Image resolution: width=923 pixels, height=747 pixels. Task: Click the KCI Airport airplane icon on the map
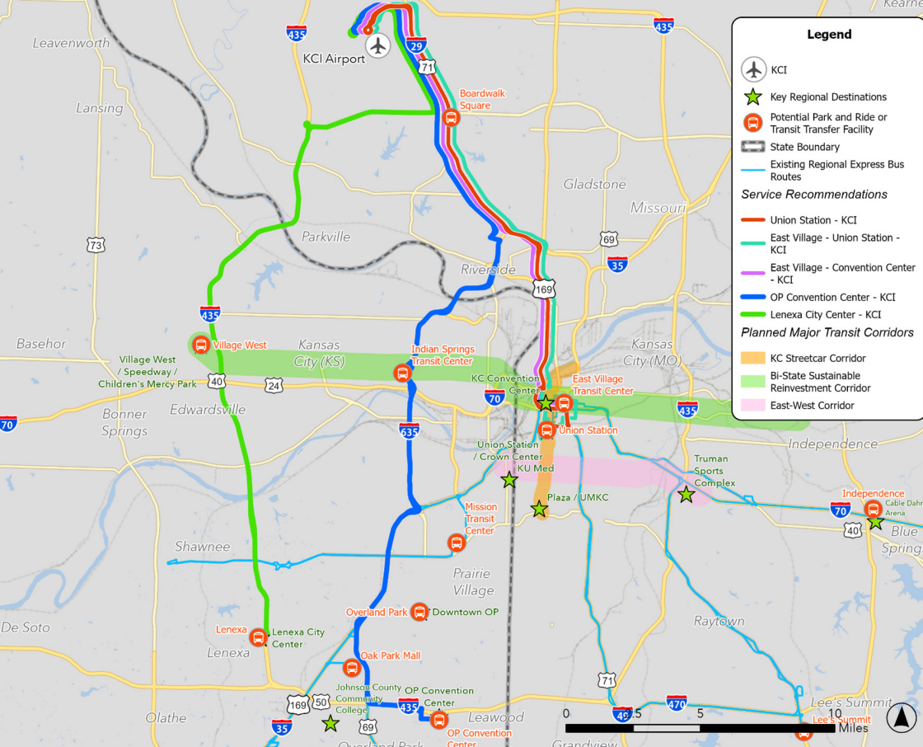click(378, 46)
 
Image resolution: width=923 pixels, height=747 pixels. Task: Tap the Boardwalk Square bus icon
click(451, 118)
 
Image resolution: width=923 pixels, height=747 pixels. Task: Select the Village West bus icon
click(200, 345)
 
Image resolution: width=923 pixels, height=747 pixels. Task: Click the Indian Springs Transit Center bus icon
click(402, 373)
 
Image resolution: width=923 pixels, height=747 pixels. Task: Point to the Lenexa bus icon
click(258, 637)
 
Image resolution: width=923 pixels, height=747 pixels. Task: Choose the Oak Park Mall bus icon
click(351, 668)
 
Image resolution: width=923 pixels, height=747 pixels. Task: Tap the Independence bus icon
click(873, 509)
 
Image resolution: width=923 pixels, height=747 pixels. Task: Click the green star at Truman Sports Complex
click(686, 495)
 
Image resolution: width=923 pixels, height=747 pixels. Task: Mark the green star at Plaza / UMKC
click(539, 510)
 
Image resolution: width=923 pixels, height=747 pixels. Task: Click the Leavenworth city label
click(70, 43)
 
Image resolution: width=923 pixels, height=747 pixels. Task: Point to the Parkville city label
click(326, 237)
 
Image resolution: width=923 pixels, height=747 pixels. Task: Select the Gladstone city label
click(595, 185)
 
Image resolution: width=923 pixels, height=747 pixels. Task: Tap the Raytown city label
click(719, 621)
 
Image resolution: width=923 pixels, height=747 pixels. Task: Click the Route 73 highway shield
click(96, 245)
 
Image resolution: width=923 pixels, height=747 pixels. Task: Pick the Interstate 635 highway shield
click(410, 430)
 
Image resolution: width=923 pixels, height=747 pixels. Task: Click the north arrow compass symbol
click(901, 717)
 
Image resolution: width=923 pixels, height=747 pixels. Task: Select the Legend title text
click(829, 35)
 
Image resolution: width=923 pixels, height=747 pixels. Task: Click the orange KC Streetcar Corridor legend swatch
click(752, 359)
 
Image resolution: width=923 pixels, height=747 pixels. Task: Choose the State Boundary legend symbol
click(752, 148)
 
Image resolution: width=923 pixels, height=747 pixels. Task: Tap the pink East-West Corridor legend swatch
click(752, 406)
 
